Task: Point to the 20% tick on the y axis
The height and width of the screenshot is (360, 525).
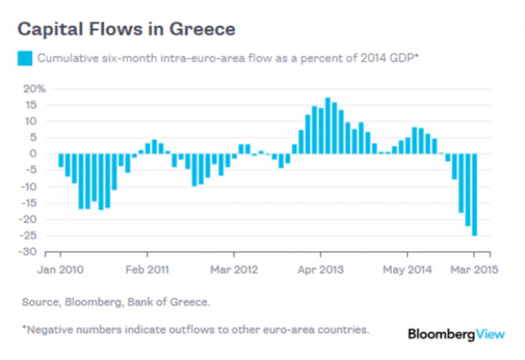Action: click(x=35, y=88)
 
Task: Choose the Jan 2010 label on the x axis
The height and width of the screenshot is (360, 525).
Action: click(x=61, y=269)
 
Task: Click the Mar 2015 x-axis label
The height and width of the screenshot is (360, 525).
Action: click(x=468, y=269)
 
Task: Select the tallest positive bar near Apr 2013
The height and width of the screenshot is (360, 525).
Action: click(x=328, y=125)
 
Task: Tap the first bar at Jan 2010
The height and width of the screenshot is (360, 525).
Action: click(x=61, y=160)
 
